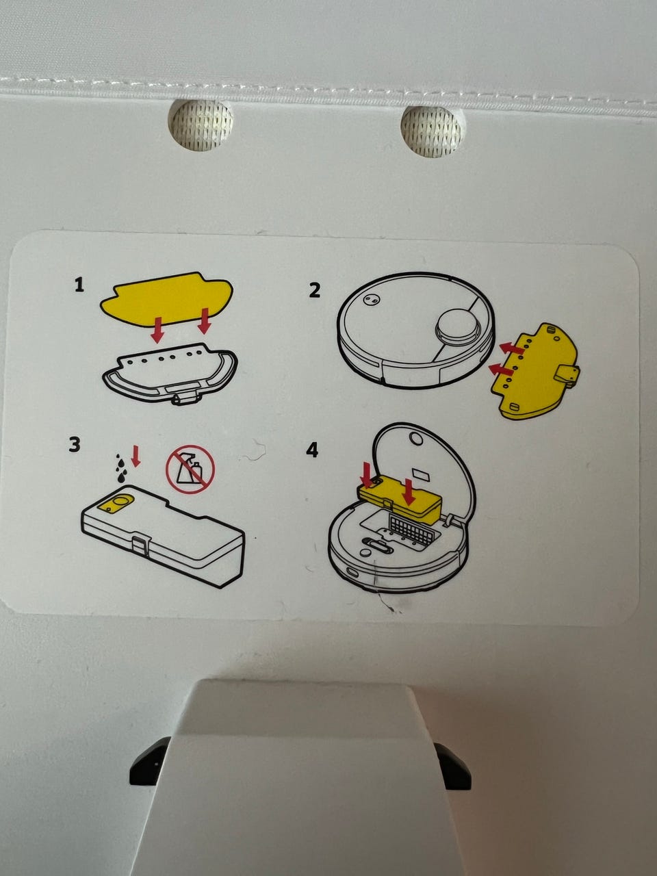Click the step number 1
tap(79, 285)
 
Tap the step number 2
tap(314, 291)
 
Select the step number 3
tap(75, 444)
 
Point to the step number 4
tap(312, 450)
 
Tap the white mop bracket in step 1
tap(170, 374)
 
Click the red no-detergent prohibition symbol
tap(190, 469)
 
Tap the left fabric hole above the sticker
tap(201, 125)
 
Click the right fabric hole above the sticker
tap(432, 131)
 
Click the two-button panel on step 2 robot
tap(370, 298)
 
